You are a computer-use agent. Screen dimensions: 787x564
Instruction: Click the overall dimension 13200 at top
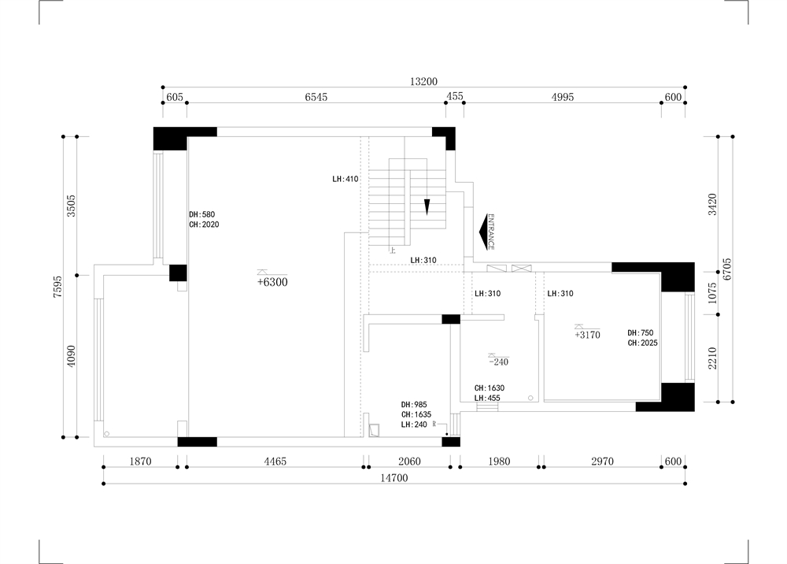[x=423, y=81]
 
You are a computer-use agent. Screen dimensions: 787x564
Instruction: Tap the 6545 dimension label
[x=316, y=97]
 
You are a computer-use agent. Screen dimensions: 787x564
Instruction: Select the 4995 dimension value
[x=562, y=97]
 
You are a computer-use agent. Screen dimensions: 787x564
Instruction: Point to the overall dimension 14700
[x=394, y=478]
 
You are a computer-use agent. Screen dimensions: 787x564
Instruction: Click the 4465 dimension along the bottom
[x=275, y=461]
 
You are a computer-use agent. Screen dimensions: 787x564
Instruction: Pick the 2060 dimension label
[x=409, y=461]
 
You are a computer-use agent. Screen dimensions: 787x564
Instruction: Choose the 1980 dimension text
[x=499, y=461]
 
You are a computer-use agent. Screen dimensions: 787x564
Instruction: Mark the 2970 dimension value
[x=602, y=461]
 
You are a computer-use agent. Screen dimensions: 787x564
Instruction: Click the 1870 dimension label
[x=140, y=461]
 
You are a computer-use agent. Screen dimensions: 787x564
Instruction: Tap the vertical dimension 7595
[x=57, y=287]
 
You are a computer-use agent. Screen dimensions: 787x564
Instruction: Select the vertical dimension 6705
[x=727, y=269]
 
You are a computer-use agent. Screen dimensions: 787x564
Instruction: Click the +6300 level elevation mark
[x=272, y=282]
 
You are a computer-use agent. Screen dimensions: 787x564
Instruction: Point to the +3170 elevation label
[x=587, y=335]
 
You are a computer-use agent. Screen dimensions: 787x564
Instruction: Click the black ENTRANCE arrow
[x=484, y=232]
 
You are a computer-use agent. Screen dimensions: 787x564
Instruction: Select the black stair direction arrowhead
[x=427, y=207]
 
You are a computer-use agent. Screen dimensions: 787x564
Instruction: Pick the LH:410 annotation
[x=345, y=179]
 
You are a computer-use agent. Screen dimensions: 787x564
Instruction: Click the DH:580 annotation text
[x=201, y=214]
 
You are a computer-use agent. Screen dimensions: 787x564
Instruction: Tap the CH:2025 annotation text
[x=642, y=343]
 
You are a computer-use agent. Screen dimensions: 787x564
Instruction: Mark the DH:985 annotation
[x=414, y=405]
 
